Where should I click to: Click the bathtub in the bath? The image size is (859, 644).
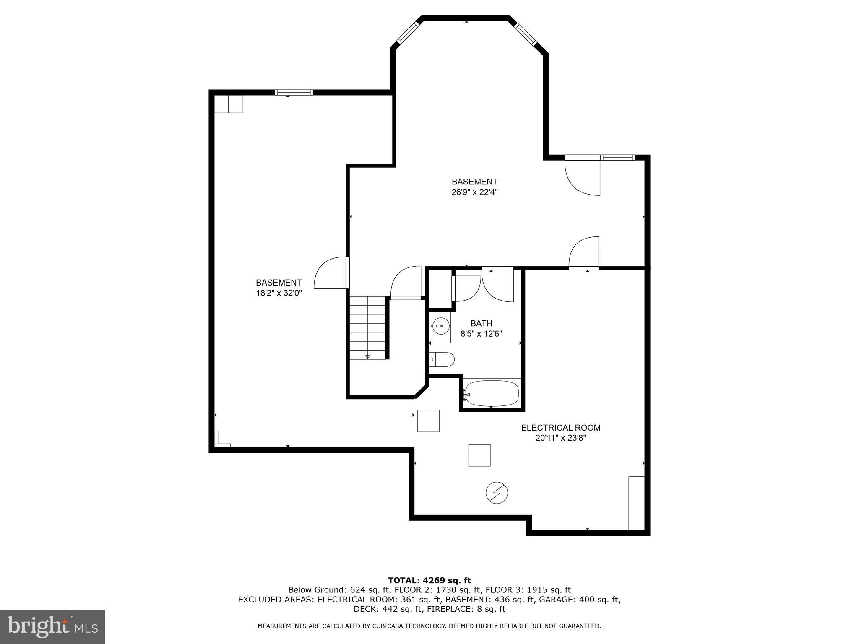tap(492, 393)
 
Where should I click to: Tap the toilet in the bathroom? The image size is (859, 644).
tap(443, 359)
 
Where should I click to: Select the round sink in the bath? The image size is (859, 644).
tap(440, 325)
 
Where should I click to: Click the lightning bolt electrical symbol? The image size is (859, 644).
tap(497, 493)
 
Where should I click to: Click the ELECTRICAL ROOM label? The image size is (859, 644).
tap(560, 428)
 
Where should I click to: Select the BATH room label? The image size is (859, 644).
tap(481, 323)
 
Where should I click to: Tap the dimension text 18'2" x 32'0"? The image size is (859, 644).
tap(279, 293)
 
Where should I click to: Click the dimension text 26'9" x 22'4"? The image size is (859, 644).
tap(474, 192)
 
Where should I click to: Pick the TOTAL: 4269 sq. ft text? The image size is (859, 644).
tap(429, 580)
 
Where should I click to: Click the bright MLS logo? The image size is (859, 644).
tap(52, 627)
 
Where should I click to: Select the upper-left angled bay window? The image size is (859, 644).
tap(408, 32)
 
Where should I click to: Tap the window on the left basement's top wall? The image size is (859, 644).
tap(294, 92)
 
